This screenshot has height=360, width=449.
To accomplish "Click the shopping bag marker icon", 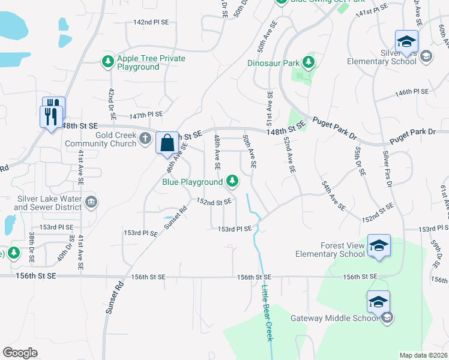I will coord(167,144).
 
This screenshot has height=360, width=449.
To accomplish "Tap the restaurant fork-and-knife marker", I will coord(52,112).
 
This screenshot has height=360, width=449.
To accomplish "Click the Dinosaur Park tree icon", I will coord(309,62).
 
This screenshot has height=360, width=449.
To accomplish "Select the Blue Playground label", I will coord(193,181).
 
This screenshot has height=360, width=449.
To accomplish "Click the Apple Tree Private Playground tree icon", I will coord(107,61).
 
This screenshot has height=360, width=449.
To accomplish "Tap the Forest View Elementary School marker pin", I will coord(379,246).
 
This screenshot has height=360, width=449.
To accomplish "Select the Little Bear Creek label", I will coord(267,314).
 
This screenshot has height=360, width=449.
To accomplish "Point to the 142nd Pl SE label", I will coord(151,22).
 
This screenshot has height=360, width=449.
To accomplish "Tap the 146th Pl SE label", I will coord(412,92).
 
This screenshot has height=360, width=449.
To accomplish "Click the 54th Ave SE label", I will coord(333,195).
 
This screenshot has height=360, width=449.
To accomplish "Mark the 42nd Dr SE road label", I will coord(111,103).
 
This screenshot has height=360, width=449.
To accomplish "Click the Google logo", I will coord(20,353).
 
